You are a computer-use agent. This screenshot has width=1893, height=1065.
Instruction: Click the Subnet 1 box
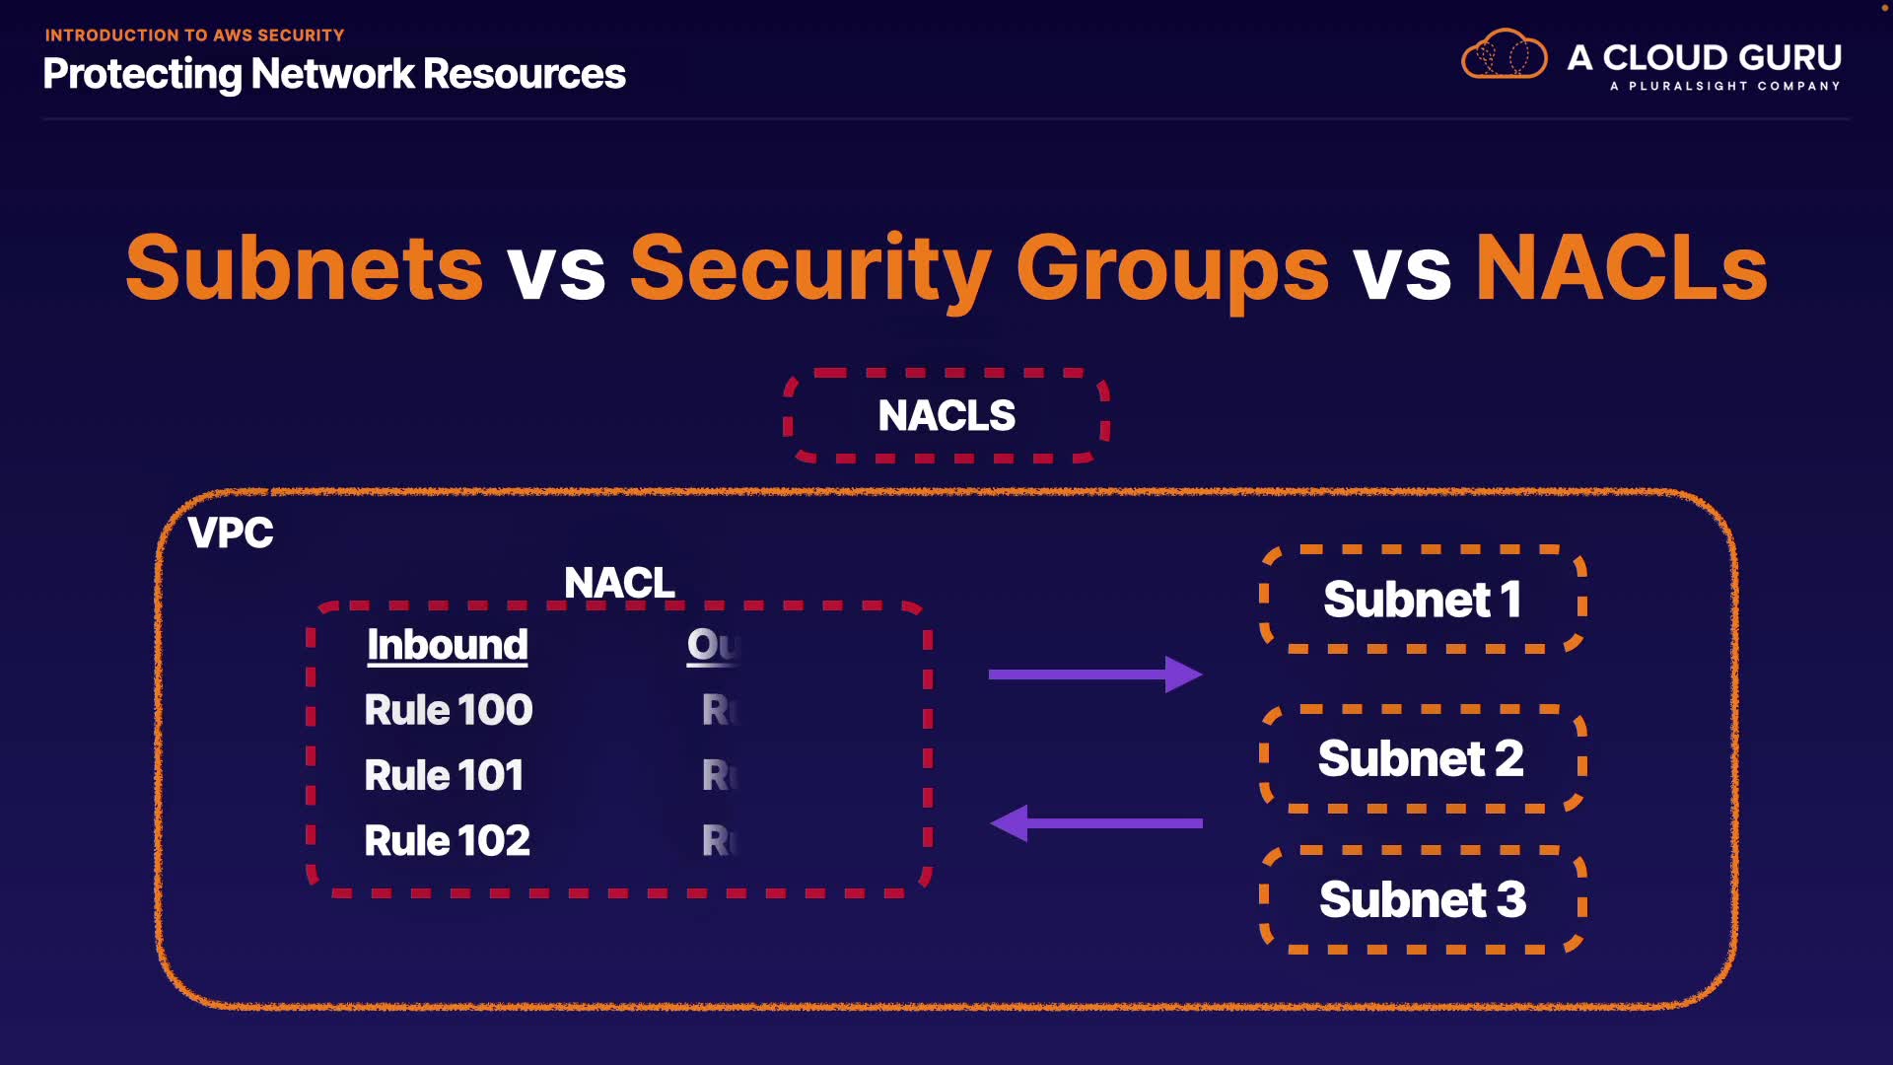pos(1423,600)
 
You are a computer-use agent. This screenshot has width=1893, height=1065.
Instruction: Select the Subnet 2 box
pos(1423,758)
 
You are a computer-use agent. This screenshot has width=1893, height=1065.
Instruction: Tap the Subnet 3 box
pos(1423,899)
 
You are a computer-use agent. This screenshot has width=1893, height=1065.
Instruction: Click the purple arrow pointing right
pos(1094,674)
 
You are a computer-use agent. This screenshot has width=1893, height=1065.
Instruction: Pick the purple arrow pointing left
pos(1096,822)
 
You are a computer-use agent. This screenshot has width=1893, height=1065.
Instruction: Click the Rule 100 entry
pos(449,710)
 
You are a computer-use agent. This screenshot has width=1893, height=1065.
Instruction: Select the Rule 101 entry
pos(444,775)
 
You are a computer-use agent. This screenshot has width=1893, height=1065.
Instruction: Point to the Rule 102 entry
pos(448,841)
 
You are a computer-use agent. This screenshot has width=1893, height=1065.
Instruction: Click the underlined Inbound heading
pos(448,645)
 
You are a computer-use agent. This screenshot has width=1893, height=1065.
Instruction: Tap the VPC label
pos(231,533)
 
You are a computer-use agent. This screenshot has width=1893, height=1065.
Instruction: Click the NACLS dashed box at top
pos(946,416)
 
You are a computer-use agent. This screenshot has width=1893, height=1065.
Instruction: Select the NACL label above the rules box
pos(619,583)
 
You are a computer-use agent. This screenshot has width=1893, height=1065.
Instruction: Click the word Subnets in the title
pos(305,268)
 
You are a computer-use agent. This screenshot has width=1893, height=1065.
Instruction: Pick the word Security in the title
pos(810,268)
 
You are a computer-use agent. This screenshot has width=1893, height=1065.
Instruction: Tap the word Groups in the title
pos(1172,268)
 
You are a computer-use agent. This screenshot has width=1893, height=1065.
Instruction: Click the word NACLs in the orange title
pos(1621,268)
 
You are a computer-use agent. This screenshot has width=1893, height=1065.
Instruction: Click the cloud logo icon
pos(1504,55)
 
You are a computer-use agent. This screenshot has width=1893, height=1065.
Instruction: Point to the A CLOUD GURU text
pos(1705,57)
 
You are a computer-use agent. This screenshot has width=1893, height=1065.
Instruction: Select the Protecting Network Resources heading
pos(334,74)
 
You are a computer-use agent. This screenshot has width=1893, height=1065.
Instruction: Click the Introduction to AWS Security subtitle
pos(194,35)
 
